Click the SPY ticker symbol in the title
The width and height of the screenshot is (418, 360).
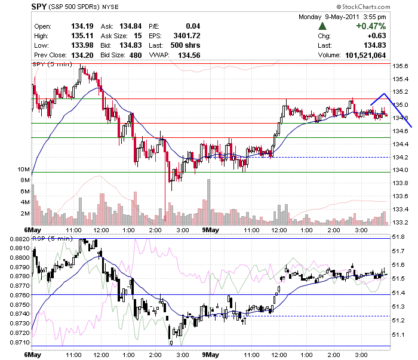click(39, 7)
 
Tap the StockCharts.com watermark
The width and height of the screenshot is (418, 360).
click(363, 7)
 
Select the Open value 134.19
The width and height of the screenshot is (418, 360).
click(82, 26)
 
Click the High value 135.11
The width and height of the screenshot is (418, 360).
click(82, 36)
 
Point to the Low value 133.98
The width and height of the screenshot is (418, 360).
click(82, 45)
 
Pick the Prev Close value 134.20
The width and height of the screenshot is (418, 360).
click(82, 55)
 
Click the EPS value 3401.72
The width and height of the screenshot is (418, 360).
click(186, 36)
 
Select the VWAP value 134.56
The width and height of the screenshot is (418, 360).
click(189, 55)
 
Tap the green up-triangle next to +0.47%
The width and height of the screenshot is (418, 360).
click(322, 26)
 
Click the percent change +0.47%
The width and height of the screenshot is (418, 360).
click(371, 26)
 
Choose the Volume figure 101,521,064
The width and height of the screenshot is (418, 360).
click(365, 55)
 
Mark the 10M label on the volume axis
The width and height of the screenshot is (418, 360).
click(23, 169)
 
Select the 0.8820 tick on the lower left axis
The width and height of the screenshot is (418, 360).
click(20, 239)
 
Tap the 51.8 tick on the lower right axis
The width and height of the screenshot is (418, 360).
click(398, 237)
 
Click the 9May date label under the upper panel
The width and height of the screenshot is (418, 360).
click(210, 230)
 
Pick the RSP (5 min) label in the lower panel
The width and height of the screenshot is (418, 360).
click(53, 238)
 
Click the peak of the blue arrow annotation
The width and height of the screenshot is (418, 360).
click(384, 94)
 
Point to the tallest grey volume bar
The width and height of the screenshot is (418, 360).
click(209, 202)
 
